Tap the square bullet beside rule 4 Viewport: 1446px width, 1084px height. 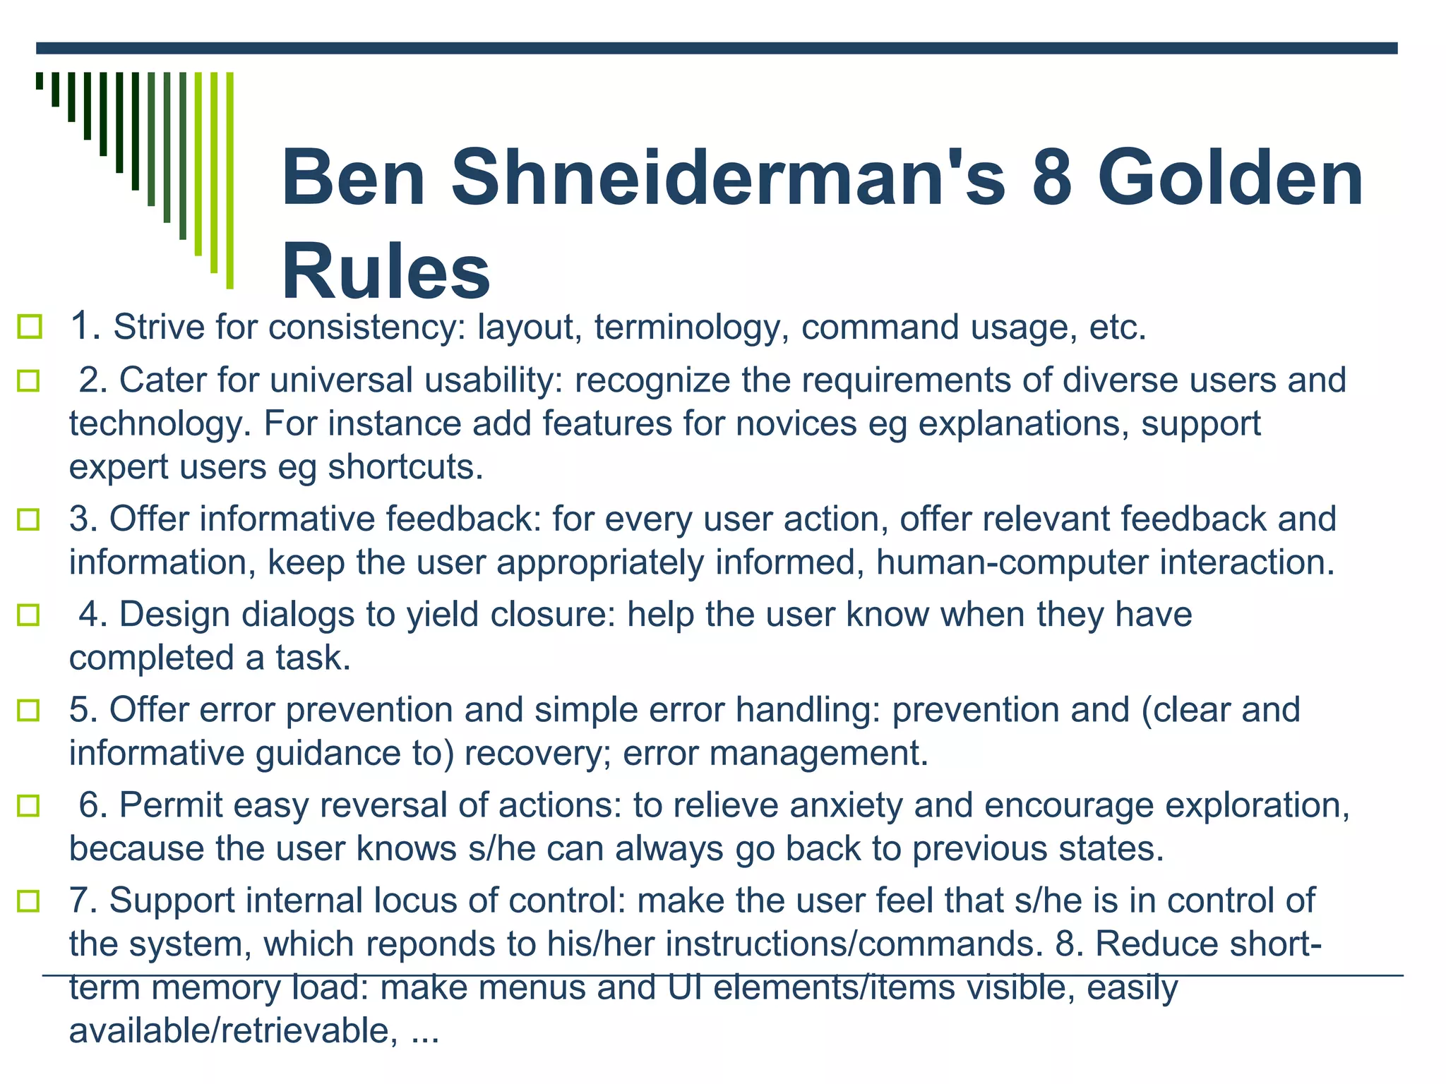[28, 615]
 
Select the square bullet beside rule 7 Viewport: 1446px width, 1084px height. [28, 901]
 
